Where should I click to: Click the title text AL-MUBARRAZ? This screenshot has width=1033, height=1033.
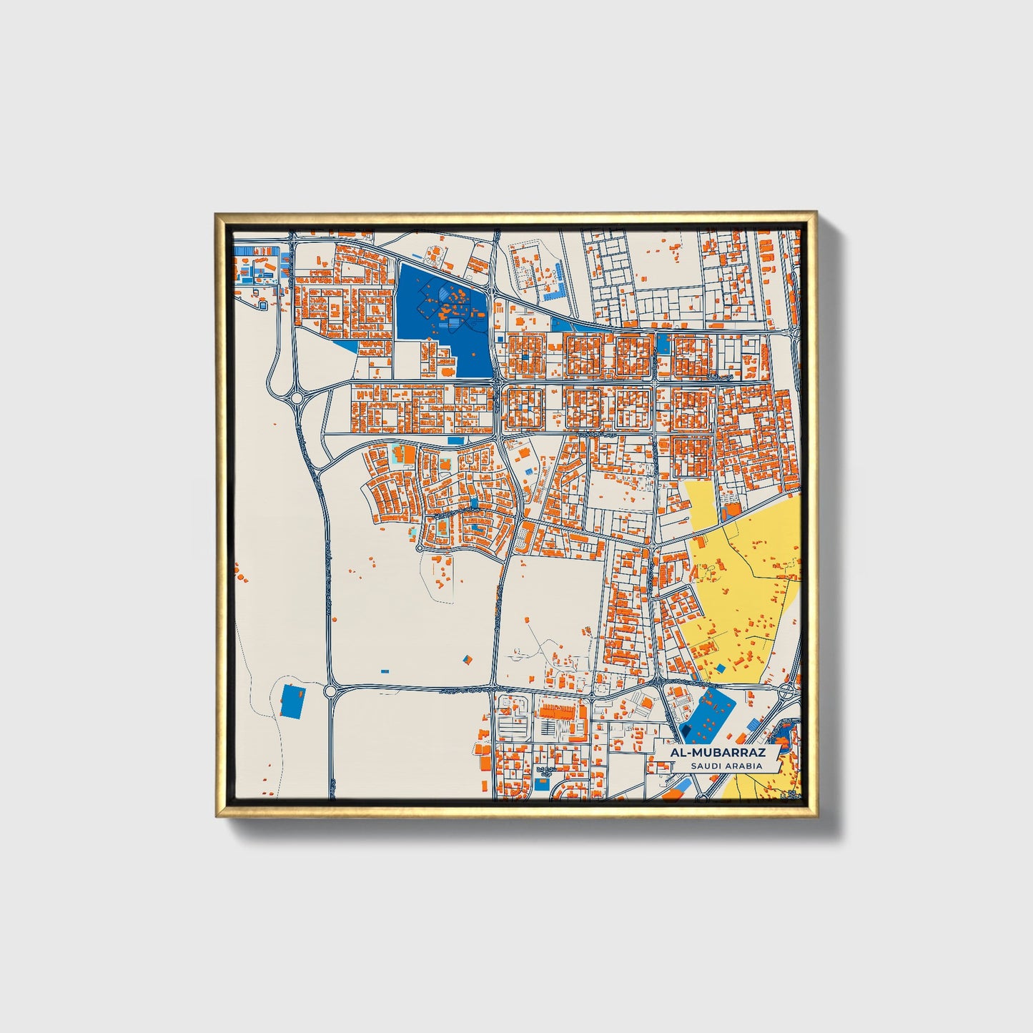[717, 753]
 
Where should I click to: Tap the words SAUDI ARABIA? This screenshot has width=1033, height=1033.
[726, 766]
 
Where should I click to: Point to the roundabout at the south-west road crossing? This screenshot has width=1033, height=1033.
[330, 691]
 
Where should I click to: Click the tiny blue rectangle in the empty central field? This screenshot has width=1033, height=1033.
[385, 671]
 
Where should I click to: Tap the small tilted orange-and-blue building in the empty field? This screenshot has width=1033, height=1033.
[468, 658]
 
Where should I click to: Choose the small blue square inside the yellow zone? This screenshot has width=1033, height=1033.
[721, 668]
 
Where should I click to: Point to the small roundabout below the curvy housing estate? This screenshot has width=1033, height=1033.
[420, 548]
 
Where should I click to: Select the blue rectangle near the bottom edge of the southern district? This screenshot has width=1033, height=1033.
[542, 785]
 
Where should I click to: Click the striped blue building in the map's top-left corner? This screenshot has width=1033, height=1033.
[246, 251]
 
